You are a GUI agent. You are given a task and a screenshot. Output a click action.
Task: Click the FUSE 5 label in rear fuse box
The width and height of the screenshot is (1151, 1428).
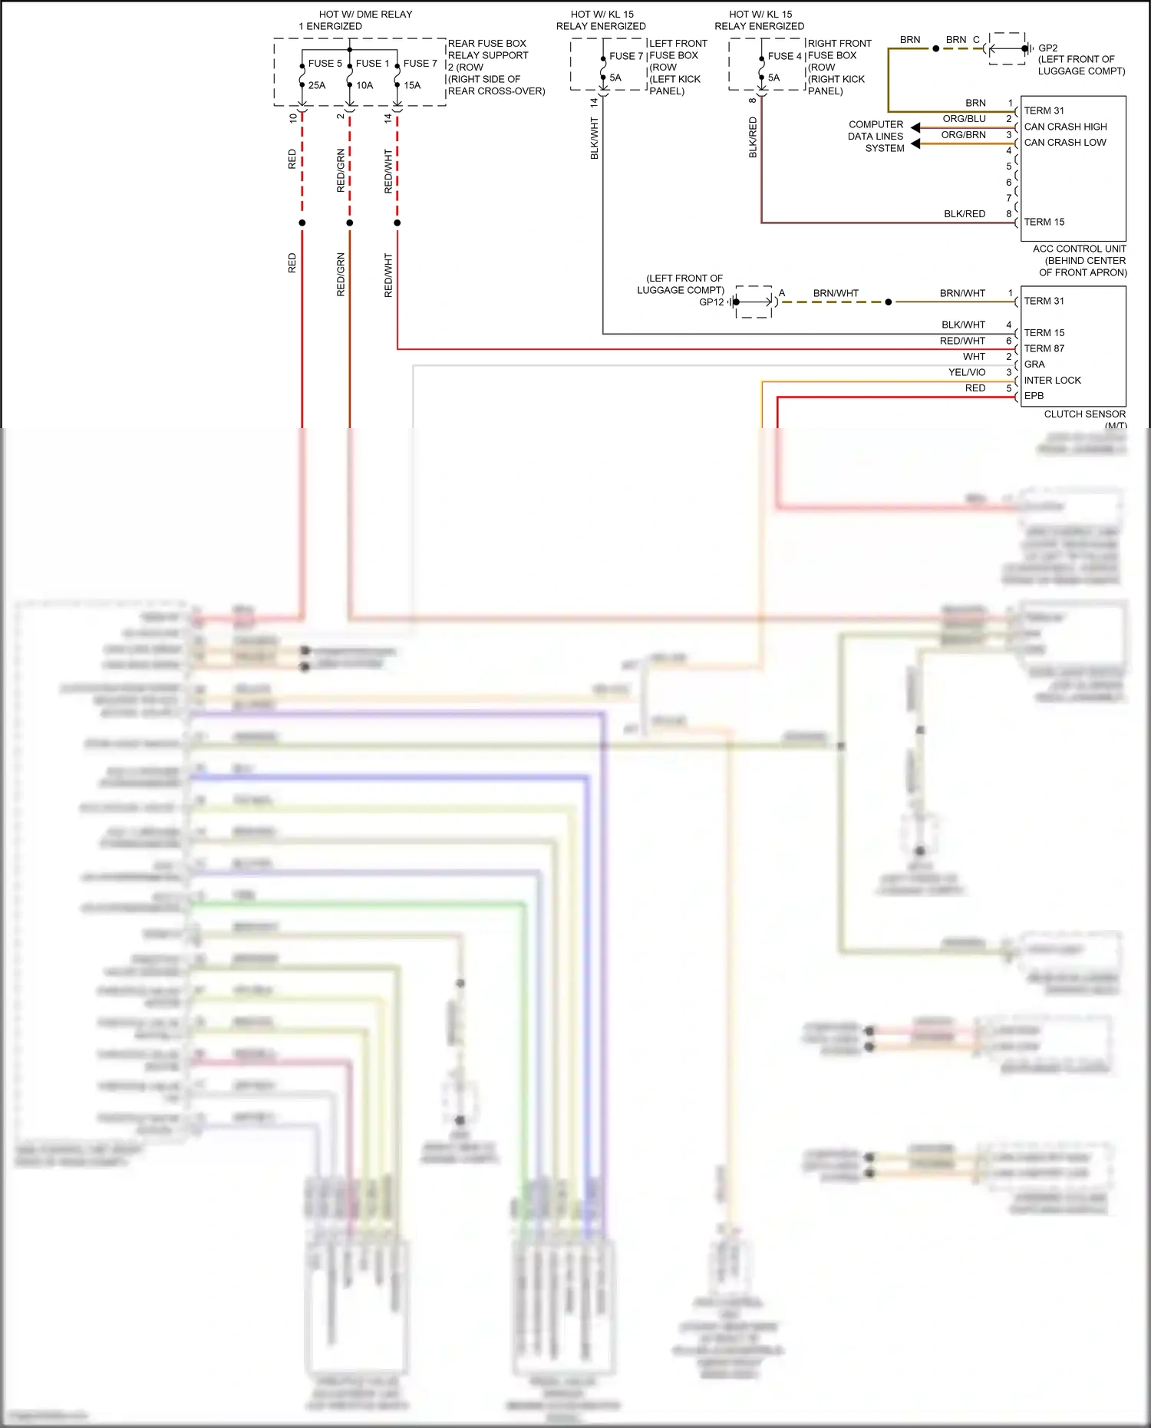(325, 64)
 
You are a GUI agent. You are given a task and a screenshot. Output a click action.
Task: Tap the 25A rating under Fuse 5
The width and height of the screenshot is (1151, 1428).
(316, 85)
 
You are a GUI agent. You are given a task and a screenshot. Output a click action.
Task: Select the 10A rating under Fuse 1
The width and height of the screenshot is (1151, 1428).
(364, 85)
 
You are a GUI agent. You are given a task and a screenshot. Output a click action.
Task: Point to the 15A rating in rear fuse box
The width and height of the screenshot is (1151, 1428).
(412, 85)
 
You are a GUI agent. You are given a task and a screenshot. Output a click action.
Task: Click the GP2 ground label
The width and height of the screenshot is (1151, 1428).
(1047, 48)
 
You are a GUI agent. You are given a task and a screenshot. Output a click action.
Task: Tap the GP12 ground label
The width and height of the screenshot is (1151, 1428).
(711, 302)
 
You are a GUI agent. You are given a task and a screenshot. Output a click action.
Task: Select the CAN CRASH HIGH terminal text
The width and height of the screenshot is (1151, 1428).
(1065, 127)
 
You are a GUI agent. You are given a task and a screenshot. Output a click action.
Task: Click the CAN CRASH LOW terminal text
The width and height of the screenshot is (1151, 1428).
(1065, 143)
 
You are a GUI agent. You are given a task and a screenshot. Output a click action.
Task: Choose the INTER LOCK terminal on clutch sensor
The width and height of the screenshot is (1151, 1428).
(1052, 381)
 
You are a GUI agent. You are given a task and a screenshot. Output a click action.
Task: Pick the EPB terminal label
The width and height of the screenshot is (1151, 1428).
(1034, 396)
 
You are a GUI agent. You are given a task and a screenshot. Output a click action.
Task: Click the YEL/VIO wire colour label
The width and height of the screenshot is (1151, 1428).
(966, 372)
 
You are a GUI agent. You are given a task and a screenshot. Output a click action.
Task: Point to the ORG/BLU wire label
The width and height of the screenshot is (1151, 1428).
(964, 119)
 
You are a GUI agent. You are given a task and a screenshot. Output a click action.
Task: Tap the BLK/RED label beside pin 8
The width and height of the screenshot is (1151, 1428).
(964, 214)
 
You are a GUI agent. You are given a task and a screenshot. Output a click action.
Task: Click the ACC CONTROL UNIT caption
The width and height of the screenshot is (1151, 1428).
(1079, 249)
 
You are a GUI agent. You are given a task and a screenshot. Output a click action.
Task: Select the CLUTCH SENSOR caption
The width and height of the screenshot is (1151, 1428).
(1084, 414)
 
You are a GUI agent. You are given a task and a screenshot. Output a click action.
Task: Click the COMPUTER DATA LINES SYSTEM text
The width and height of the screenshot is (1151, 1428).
(876, 137)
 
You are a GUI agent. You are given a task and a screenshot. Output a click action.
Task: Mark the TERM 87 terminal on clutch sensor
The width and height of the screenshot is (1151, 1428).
(1044, 348)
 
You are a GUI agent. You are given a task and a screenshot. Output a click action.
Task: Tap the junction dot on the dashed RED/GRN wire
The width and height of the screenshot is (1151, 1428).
(350, 223)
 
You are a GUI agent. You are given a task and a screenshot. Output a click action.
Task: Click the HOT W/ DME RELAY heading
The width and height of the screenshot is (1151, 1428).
(365, 15)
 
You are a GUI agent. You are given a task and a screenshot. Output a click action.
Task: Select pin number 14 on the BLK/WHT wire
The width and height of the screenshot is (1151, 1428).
(594, 102)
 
